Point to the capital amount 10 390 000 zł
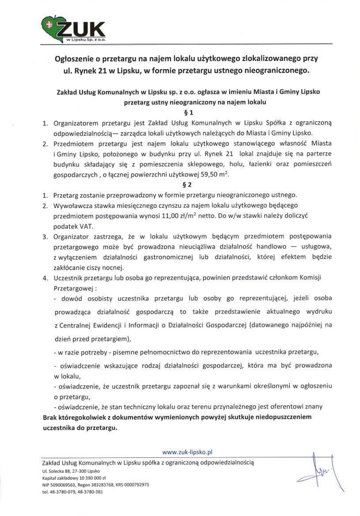pos(90,478)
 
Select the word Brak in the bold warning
pos(51,417)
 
